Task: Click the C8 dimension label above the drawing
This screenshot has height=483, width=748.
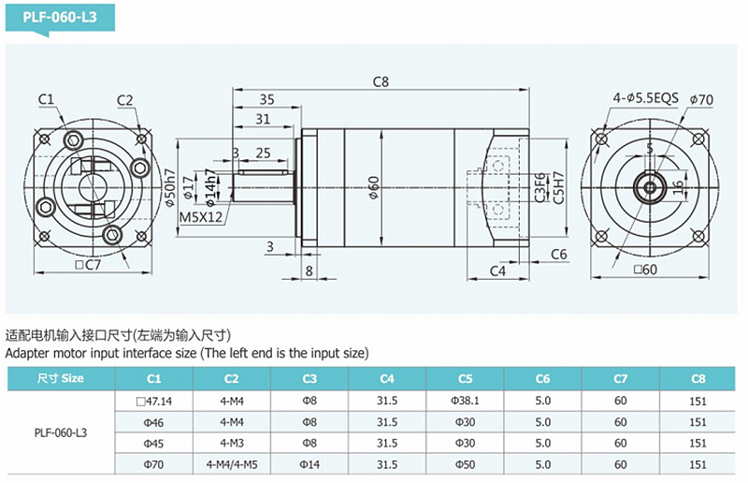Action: pos(380,81)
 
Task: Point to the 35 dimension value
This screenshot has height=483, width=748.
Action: pos(266,99)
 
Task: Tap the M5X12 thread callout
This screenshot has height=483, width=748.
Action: pos(201,217)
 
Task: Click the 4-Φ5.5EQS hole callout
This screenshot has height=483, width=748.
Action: pos(645,96)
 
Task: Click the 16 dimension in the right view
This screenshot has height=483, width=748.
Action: pos(677,186)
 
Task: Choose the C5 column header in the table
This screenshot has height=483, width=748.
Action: pos(465,378)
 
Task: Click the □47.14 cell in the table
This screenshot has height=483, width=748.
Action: pos(154,400)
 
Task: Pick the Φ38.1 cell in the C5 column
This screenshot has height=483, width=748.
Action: pos(465,400)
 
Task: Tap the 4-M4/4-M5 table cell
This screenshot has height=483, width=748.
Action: pos(232,463)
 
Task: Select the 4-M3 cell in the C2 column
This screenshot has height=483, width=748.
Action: pos(232,443)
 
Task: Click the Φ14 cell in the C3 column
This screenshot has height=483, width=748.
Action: pos(309,463)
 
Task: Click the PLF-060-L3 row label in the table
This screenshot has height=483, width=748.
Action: pos(61,432)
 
